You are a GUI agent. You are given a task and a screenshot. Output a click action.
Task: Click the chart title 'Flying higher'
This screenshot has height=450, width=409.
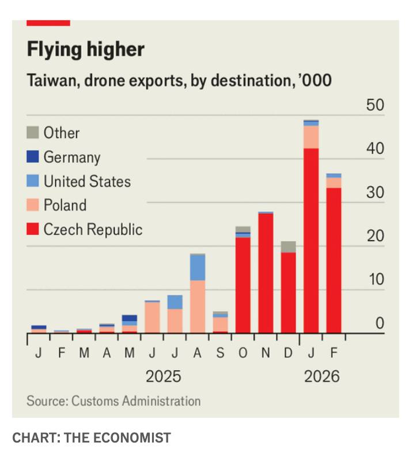click(85, 50)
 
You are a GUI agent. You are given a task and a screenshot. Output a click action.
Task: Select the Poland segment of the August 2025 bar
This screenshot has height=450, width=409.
click(198, 306)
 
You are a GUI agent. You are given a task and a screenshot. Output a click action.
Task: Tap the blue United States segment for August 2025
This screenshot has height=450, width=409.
click(198, 268)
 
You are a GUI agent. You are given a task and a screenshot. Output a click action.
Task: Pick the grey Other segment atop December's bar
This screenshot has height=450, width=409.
click(289, 247)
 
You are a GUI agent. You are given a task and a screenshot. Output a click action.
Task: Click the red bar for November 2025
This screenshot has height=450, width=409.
click(266, 273)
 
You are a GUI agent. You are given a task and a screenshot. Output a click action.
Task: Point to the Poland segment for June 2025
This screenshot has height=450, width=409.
click(152, 317)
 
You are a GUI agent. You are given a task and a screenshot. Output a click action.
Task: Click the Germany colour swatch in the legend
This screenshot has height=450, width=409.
click(33, 157)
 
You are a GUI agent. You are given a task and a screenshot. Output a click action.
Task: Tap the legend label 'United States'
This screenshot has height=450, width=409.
click(87, 181)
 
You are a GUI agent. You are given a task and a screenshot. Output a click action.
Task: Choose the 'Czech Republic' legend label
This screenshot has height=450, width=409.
click(93, 230)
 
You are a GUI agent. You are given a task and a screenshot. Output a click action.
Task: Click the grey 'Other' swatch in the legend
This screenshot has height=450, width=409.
click(33, 133)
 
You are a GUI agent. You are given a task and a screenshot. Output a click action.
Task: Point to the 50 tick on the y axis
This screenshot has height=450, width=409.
click(375, 106)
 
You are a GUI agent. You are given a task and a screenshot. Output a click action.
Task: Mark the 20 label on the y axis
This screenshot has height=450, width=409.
click(375, 237)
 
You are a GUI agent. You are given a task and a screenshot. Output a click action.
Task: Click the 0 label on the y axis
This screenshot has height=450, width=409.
click(379, 323)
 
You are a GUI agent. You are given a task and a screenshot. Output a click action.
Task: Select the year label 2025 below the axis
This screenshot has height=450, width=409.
click(163, 377)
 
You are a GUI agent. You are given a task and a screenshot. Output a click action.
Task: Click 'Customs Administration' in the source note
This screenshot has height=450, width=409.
click(135, 401)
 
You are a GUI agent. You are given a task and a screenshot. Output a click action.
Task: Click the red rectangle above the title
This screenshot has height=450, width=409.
click(48, 23)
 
